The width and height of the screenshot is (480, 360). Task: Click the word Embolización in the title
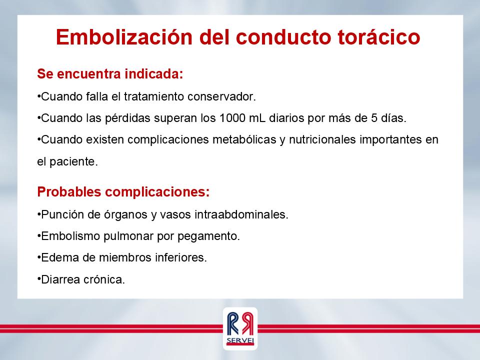click(124, 36)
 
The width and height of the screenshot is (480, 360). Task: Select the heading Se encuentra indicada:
click(110, 74)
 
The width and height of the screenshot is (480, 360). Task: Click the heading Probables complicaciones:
click(123, 192)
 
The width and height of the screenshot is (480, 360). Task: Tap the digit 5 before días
click(374, 118)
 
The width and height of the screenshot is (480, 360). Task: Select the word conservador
click(221, 96)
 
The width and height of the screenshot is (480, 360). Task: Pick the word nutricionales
click(322, 139)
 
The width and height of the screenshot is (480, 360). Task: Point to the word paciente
click(73, 162)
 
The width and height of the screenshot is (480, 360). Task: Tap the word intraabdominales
click(241, 214)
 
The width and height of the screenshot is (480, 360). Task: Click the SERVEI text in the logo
click(240, 340)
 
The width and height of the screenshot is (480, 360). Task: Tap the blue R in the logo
click(233, 323)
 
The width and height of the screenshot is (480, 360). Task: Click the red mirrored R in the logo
click(247, 323)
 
